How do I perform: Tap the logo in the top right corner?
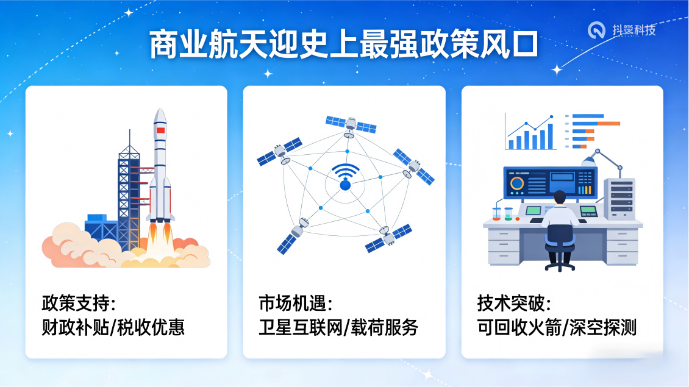pyautogui.click(x=623, y=29)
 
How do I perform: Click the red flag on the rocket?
pyautogui.click(x=160, y=130)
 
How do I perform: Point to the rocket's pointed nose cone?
pyautogui.click(x=160, y=114)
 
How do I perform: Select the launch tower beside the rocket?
pyautogui.click(x=129, y=189)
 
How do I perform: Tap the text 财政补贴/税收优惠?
pyautogui.click(x=113, y=327)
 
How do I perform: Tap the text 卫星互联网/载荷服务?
pyautogui.click(x=338, y=327)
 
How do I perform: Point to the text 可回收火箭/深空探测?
pyautogui.click(x=557, y=327)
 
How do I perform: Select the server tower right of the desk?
pyautogui.click(x=619, y=199)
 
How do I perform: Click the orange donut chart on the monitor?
pyautogui.click(x=517, y=183)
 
